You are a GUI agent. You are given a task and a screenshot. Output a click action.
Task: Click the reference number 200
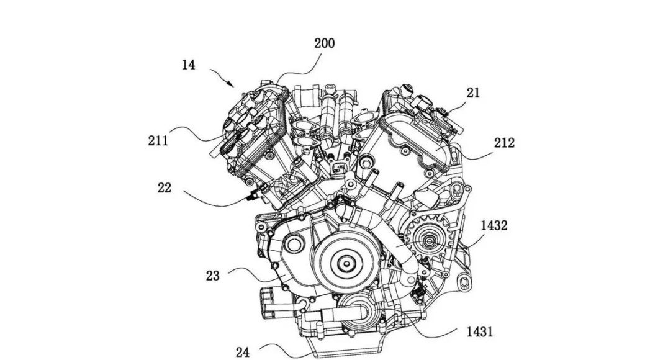[324, 43]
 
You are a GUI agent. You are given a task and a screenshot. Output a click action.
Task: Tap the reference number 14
[189, 65]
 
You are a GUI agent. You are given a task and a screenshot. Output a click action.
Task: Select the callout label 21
[474, 93]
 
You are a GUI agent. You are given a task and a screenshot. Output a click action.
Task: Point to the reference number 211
[158, 140]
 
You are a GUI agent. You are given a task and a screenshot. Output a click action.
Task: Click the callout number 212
[505, 143]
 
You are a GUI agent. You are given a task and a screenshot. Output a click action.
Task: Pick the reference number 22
[165, 187]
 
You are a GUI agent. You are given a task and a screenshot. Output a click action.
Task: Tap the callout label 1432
[494, 226]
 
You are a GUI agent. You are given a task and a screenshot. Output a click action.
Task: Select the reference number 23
[213, 276]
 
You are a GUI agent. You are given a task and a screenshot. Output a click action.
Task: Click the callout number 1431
[479, 331]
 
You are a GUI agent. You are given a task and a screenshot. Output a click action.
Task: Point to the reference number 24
[243, 352]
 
